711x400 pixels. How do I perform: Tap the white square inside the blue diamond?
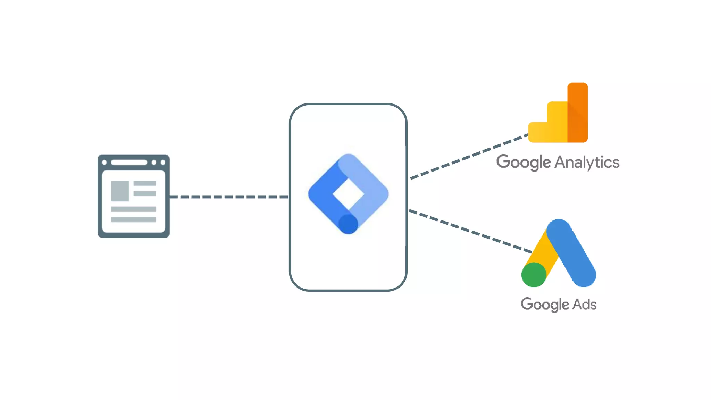pyautogui.click(x=348, y=194)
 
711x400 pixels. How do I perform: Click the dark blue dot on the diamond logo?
pyautogui.click(x=348, y=224)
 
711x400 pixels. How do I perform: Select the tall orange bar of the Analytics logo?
pyautogui.click(x=578, y=112)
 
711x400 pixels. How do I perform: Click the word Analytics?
pyautogui.click(x=587, y=162)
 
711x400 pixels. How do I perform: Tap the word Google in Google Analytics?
pyautogui.click(x=523, y=162)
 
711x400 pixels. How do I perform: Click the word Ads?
pyautogui.click(x=585, y=304)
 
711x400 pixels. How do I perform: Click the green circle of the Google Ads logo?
pyautogui.click(x=534, y=275)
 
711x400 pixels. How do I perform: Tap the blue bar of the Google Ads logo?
pyautogui.click(x=571, y=253)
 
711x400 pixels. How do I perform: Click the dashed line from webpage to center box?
pyautogui.click(x=229, y=197)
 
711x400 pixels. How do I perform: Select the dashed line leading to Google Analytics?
pyautogui.click(x=469, y=157)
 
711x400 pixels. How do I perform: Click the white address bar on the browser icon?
pyautogui.click(x=129, y=162)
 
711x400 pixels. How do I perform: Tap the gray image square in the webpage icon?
pyautogui.click(x=120, y=191)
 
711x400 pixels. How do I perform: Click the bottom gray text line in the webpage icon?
pyautogui.click(x=133, y=219)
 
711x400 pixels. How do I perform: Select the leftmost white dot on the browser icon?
pyautogui.click(x=104, y=162)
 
